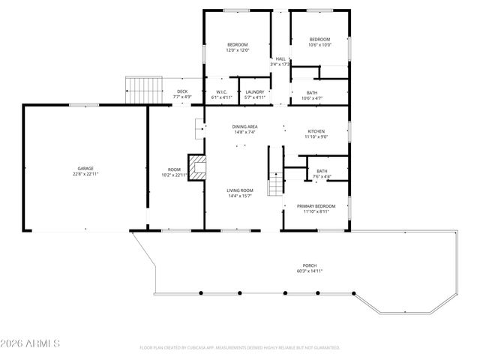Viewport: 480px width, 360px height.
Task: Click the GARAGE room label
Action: pyautogui.click(x=85, y=168)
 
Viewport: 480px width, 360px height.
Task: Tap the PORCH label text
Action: pyautogui.click(x=309, y=266)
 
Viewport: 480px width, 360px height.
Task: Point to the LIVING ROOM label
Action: pyautogui.click(x=240, y=190)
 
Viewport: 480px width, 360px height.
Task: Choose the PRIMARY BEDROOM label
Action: pyautogui.click(x=316, y=206)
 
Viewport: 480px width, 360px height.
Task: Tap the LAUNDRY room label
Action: pyautogui.click(x=255, y=92)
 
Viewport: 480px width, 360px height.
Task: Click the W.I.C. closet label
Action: pyautogui.click(x=221, y=92)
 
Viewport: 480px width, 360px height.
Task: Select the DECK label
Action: pyautogui.click(x=182, y=91)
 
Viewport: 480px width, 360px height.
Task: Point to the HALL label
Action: pyautogui.click(x=280, y=58)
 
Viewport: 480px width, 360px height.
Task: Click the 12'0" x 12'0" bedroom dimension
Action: pyautogui.click(x=237, y=50)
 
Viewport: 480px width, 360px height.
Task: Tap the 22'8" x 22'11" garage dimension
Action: pyautogui.click(x=85, y=173)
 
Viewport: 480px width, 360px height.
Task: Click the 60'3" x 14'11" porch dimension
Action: pyautogui.click(x=309, y=271)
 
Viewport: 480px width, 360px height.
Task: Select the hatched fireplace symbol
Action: pyautogui.click(x=196, y=168)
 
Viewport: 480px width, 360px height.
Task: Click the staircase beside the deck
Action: pyautogui.click(x=144, y=90)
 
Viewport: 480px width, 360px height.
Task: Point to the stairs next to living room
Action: pyautogui.click(x=276, y=183)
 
